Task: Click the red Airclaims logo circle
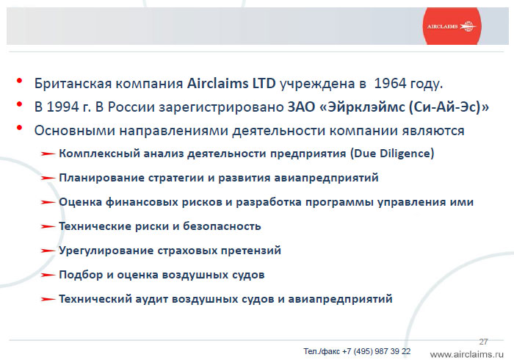(x=452, y=26)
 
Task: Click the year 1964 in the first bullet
(x=390, y=84)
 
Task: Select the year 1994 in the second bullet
(x=63, y=107)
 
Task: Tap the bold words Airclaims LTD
(x=231, y=84)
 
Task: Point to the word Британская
(x=73, y=84)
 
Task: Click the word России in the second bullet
(x=131, y=107)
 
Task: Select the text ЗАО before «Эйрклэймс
(x=301, y=107)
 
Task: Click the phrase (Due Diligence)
(x=392, y=154)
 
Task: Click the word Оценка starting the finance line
(x=80, y=202)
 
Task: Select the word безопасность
(x=222, y=226)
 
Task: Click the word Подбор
(x=81, y=275)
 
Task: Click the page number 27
(x=483, y=342)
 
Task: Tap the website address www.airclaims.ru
(x=467, y=354)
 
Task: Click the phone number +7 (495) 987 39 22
(x=376, y=351)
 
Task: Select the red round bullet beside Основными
(x=20, y=128)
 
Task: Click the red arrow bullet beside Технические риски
(x=48, y=226)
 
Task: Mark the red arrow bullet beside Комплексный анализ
(x=48, y=154)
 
